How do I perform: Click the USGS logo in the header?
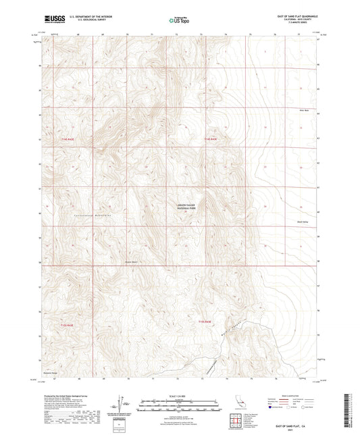click(51, 19)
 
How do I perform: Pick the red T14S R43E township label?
click(211, 138)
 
